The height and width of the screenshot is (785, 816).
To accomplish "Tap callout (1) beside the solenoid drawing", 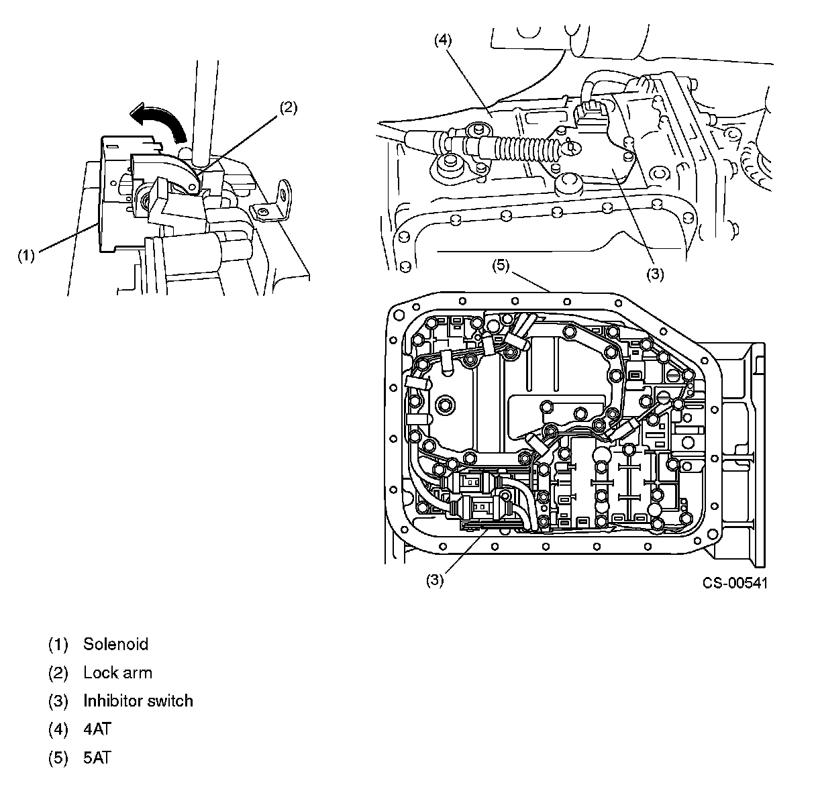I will (26, 256).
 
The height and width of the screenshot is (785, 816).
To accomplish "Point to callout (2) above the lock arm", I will (288, 108).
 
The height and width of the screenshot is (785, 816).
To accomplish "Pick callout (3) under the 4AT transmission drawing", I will (655, 274).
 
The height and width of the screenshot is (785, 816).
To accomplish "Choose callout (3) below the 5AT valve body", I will (435, 581).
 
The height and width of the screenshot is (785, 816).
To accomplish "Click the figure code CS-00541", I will (735, 582).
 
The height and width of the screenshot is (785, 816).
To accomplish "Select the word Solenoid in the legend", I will (115, 644).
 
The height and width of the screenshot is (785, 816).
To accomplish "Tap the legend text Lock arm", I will (117, 672).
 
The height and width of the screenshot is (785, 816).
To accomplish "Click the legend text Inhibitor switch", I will (138, 701).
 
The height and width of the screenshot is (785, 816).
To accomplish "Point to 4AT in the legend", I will (97, 729).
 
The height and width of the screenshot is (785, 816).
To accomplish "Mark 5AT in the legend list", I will (97, 758).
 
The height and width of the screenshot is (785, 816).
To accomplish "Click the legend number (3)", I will (58, 701).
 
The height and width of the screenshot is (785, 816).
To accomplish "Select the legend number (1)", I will (58, 644).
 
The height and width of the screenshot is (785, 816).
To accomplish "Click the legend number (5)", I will (58, 758).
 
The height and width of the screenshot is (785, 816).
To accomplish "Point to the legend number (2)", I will (58, 672).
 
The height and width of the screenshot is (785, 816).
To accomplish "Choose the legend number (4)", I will (58, 729).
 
